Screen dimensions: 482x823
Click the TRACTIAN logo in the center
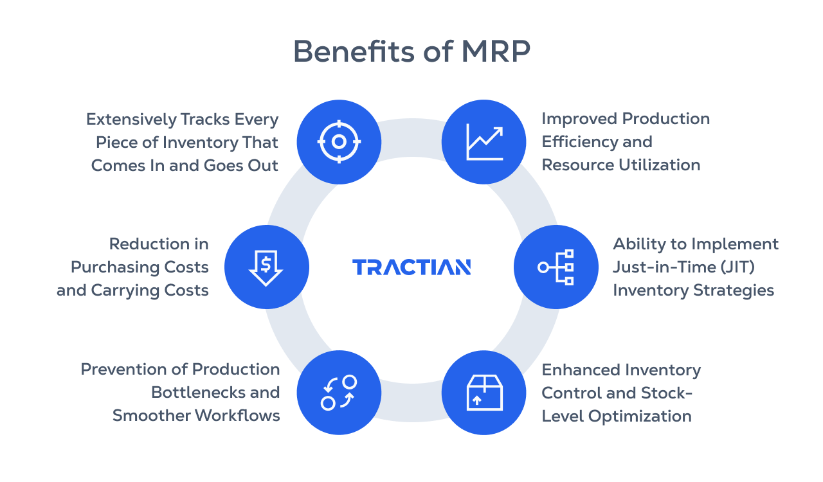point(411,267)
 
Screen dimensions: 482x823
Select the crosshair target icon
point(339,141)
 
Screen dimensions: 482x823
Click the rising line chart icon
point(484,141)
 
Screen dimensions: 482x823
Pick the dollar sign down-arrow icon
point(266,267)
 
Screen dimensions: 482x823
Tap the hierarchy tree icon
point(557,267)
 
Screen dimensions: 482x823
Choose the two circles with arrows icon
point(339,392)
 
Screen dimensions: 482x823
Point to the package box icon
point(484,392)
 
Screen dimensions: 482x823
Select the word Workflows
point(237,416)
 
